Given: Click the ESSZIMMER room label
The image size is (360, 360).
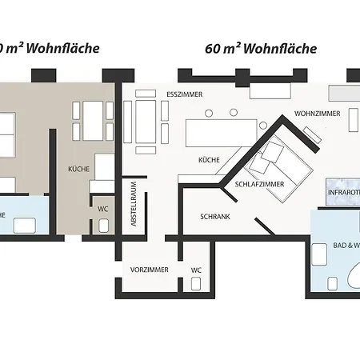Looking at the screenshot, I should pyautogui.click(x=185, y=94).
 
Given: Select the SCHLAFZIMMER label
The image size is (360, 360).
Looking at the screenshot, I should pyautogui.click(x=260, y=184).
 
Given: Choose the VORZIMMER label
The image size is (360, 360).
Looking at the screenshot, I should pyautogui.click(x=149, y=270).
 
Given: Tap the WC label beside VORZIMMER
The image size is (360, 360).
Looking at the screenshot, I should pyautogui.click(x=196, y=270).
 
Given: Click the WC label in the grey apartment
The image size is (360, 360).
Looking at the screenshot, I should pyautogui.click(x=103, y=209).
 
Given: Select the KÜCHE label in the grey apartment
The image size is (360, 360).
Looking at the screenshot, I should pyautogui.click(x=78, y=170).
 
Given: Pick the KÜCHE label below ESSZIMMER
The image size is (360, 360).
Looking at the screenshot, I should pyautogui.click(x=209, y=161).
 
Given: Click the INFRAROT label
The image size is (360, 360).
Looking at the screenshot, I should pyautogui.click(x=343, y=193).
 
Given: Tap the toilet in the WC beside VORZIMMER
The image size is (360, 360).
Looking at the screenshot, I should pyautogui.click(x=197, y=286).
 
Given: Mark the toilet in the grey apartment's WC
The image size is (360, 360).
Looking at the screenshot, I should pyautogui.click(x=103, y=225).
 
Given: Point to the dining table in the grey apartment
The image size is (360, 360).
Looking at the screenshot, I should pyautogui.click(x=93, y=120).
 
